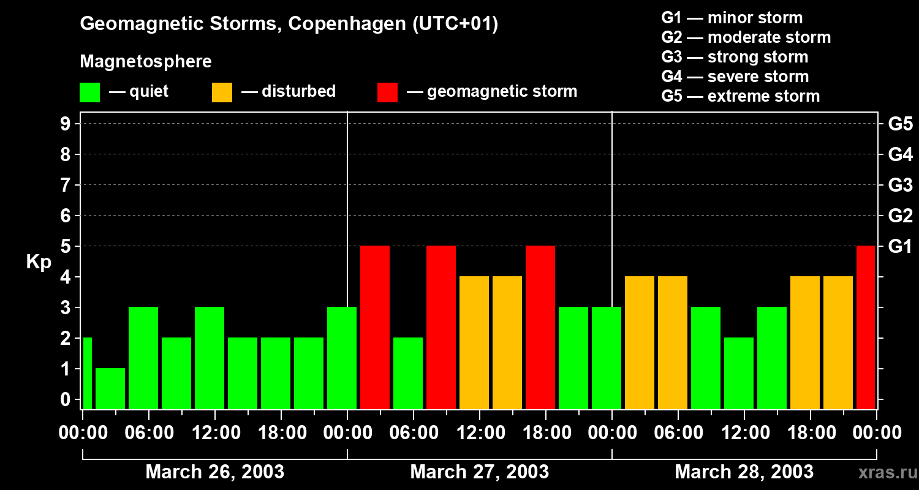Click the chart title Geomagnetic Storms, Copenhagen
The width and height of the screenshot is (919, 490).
click(x=289, y=24)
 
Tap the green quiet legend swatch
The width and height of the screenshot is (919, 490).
click(x=90, y=92)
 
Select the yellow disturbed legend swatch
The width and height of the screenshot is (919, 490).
click(x=222, y=92)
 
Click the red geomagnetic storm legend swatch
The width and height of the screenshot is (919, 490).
click(x=387, y=92)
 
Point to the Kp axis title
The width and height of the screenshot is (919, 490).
click(x=39, y=262)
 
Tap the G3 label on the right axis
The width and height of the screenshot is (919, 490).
click(x=900, y=185)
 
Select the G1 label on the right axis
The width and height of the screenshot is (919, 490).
click(x=900, y=247)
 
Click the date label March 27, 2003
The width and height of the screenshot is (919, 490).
click(x=479, y=472)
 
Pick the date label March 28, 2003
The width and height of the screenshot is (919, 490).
click(x=744, y=472)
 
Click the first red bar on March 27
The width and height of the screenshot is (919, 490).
click(x=375, y=327)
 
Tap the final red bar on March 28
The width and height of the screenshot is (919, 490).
click(x=866, y=327)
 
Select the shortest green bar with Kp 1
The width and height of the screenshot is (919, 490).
click(x=110, y=388)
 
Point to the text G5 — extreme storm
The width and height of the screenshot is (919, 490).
click(x=740, y=96)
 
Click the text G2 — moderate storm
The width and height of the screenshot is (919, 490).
click(x=746, y=37)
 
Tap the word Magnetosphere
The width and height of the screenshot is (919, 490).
click(x=146, y=62)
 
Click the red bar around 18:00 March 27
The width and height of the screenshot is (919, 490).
click(x=540, y=327)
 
